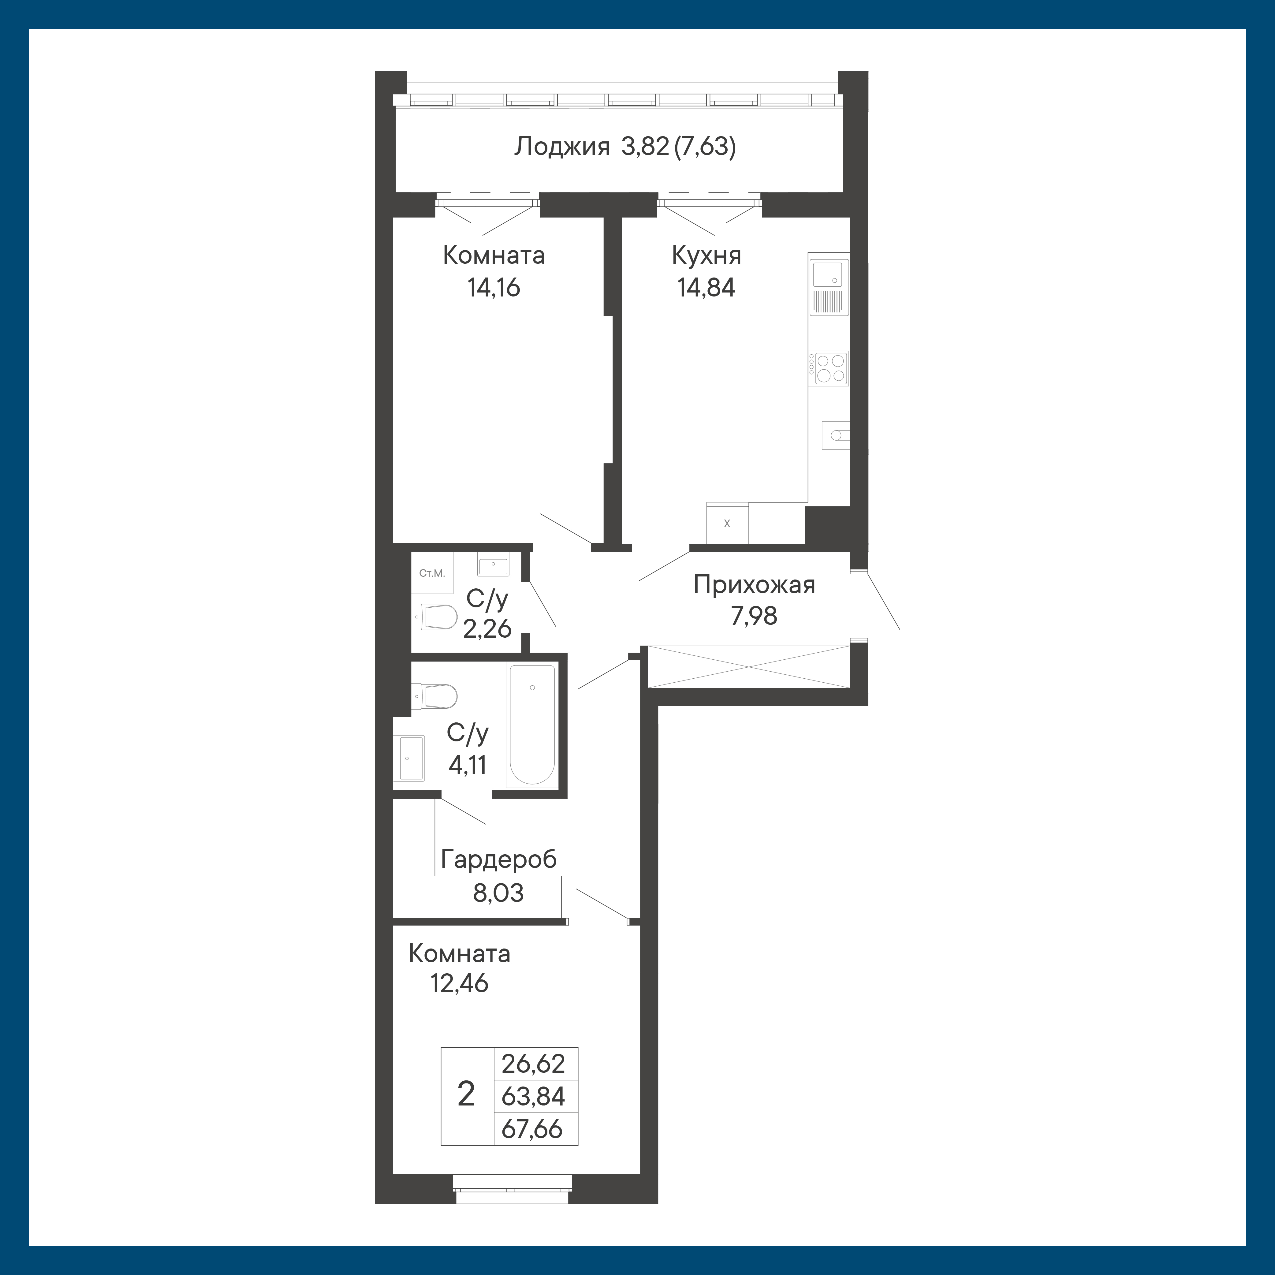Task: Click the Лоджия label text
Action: [x=561, y=147]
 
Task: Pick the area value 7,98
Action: [x=754, y=616]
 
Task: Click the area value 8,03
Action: [x=498, y=893]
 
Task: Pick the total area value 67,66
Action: [x=532, y=1129]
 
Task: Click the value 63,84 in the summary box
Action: [x=533, y=1096]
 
